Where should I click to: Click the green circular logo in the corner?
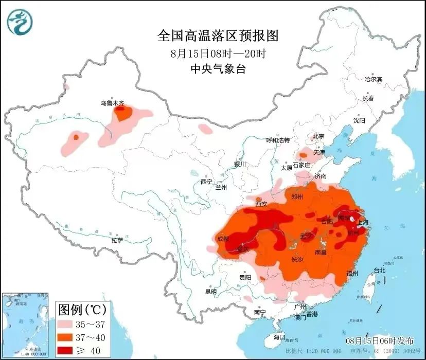point(20,22)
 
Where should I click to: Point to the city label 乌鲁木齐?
point(112,103)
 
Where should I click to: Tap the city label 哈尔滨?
point(373,80)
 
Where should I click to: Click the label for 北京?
point(318,136)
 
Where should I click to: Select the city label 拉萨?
point(117,240)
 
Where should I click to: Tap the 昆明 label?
point(211,292)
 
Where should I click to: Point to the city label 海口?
point(279,337)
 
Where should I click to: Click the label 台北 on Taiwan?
point(379,270)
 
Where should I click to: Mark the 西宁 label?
point(206,182)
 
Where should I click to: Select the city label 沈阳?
point(359,120)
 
